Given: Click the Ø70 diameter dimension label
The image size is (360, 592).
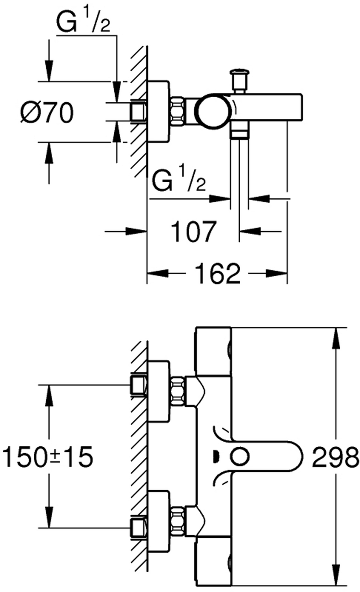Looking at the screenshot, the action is click(47, 113).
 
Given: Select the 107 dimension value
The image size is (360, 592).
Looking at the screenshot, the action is click(194, 232).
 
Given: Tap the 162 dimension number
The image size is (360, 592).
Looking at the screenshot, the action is click(217, 273).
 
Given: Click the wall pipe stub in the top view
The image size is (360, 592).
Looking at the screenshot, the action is click(138, 111).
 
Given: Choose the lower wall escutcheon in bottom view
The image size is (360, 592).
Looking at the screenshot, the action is click(158, 522).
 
